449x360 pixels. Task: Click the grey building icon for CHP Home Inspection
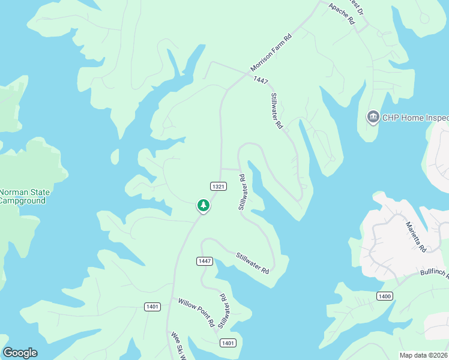(x=373, y=116)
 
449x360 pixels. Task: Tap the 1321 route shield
(x=218, y=187)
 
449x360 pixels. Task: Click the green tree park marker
(x=203, y=206)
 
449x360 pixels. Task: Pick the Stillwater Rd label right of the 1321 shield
(x=243, y=192)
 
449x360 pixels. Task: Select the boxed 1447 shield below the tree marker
(x=205, y=261)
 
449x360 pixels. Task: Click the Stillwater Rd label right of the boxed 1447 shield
(x=252, y=263)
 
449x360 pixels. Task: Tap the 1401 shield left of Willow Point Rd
(x=152, y=307)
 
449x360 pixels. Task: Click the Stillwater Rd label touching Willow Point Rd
(x=223, y=311)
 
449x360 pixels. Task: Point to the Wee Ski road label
(x=176, y=346)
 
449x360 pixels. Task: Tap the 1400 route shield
(x=385, y=296)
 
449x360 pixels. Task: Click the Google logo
(x=20, y=353)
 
